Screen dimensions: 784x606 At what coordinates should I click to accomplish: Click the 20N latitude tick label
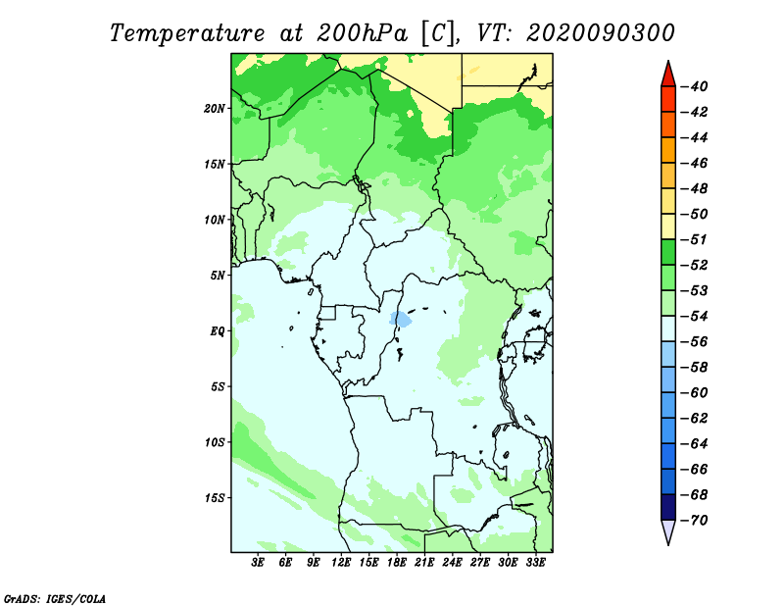215,108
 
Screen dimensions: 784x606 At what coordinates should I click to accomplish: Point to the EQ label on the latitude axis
218,330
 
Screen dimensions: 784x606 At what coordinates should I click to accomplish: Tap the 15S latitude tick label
215,498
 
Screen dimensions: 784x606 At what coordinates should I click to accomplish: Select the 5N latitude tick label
218,276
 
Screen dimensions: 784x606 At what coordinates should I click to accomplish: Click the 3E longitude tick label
258,563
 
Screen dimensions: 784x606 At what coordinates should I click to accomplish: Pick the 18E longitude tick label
397,563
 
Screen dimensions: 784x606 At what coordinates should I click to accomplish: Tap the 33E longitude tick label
535,563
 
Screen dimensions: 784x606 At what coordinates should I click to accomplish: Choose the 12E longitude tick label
341,563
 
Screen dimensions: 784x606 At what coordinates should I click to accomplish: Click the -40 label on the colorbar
694,86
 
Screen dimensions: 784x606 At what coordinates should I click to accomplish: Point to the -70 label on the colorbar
694,521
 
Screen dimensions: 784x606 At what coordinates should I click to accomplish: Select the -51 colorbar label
694,239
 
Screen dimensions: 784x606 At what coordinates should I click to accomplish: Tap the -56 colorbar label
694,342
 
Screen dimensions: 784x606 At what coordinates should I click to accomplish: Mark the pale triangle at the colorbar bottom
668,530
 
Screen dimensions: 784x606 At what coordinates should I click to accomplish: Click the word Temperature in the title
186,33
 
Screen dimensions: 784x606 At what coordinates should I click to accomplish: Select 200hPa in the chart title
363,33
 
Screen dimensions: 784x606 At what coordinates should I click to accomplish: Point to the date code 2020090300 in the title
601,33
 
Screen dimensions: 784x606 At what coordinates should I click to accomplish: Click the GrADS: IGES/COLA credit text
55,598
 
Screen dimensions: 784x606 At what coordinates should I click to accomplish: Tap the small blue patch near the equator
401,319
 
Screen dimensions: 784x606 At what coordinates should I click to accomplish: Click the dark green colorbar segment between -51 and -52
668,252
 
